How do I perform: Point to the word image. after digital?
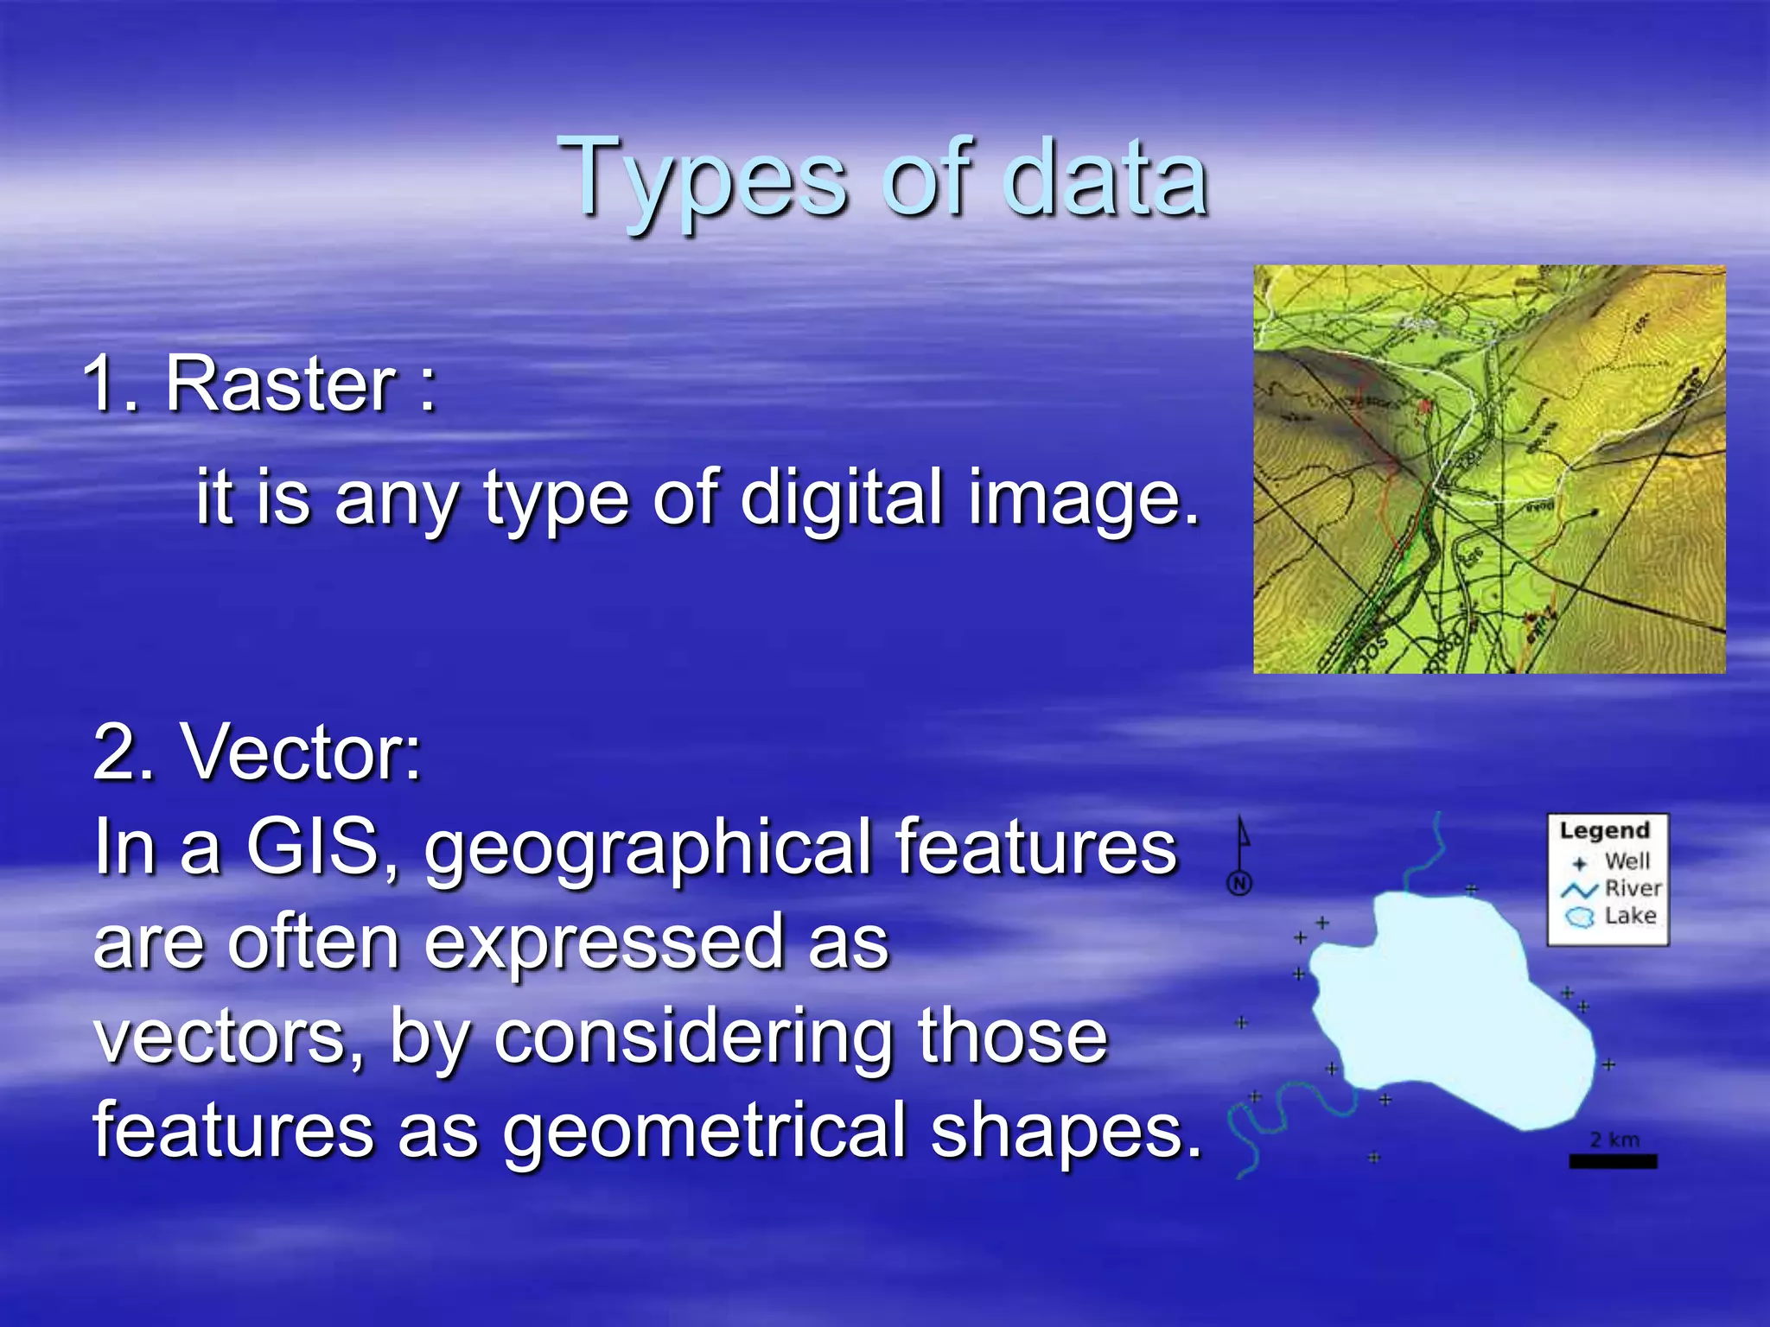pos(1084,499)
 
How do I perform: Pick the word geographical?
pos(645,850)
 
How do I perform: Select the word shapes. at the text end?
pos(1066,1133)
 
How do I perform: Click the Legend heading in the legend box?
pos(1604,831)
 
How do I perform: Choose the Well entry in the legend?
pos(1627,861)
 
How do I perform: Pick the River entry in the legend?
pos(1632,888)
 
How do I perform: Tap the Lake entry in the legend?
pos(1630,916)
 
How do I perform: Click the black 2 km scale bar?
pos(1613,1162)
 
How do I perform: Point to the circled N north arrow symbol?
pos(1240,882)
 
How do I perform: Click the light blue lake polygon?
pos(1452,1011)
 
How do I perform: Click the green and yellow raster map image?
pos(1489,469)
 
